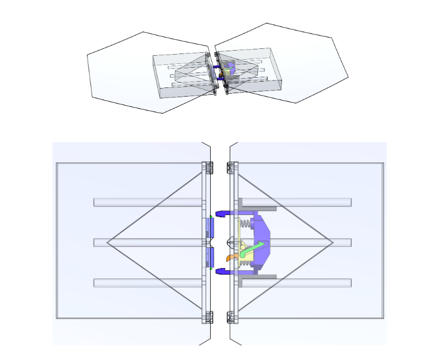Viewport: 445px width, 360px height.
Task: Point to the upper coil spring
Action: pyautogui.click(x=245, y=223)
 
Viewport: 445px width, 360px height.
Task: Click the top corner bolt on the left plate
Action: pyautogui.click(x=208, y=168)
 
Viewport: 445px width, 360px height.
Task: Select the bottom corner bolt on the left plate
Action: pyautogui.click(x=208, y=316)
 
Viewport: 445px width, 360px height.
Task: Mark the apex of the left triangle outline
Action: pyautogui.click(x=108, y=242)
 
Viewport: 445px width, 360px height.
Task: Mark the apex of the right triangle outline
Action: pyautogui.click(x=333, y=242)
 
